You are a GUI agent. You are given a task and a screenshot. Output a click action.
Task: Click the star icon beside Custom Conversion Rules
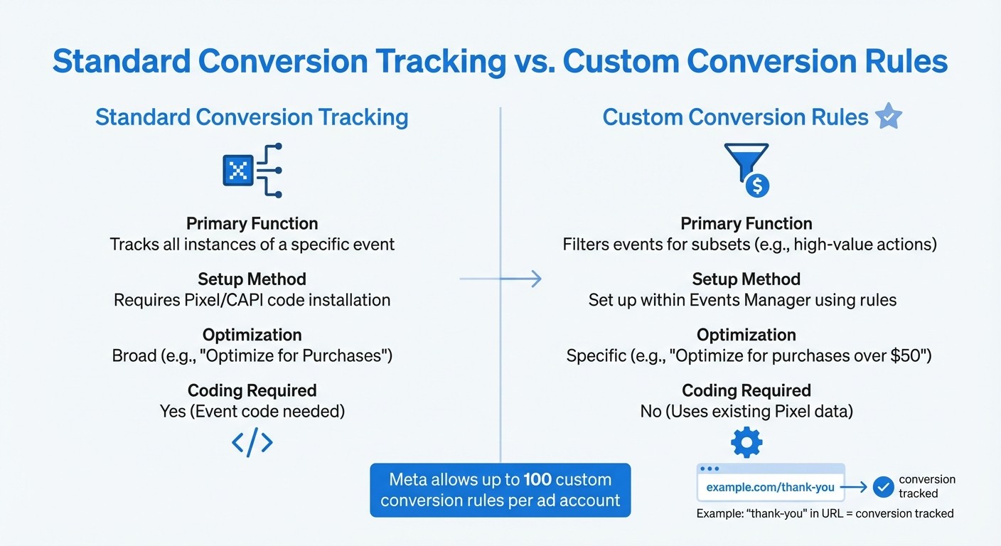pyautogui.click(x=888, y=117)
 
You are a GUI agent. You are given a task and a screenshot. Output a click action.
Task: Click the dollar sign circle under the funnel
pyautogui.click(x=757, y=186)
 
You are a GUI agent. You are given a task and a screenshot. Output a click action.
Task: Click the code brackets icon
pyautogui.click(x=252, y=443)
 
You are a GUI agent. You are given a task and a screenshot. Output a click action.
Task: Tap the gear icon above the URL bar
pyautogui.click(x=746, y=443)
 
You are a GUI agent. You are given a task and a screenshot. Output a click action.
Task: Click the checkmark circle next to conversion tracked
pyautogui.click(x=883, y=486)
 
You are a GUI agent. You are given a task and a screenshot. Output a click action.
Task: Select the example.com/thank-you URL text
pyautogui.click(x=770, y=488)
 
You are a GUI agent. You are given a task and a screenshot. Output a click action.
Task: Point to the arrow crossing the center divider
pyautogui.click(x=500, y=279)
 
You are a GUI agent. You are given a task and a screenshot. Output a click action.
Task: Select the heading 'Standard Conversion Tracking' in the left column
pyautogui.click(x=252, y=117)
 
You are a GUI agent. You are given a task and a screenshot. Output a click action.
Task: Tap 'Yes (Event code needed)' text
pyautogui.click(x=252, y=411)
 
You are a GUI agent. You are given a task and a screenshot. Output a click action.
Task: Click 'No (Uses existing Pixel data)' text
pyautogui.click(x=746, y=411)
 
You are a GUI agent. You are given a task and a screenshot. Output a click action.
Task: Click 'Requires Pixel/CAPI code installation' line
pyautogui.click(x=252, y=300)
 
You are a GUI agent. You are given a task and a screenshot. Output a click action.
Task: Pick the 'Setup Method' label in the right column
pyautogui.click(x=746, y=279)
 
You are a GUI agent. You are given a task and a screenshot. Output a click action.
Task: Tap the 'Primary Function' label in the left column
pyautogui.click(x=252, y=223)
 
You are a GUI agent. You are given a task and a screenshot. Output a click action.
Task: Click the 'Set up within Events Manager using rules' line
pyautogui.click(x=742, y=300)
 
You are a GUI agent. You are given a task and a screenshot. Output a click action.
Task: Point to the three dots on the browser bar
pyautogui.click(x=710, y=469)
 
